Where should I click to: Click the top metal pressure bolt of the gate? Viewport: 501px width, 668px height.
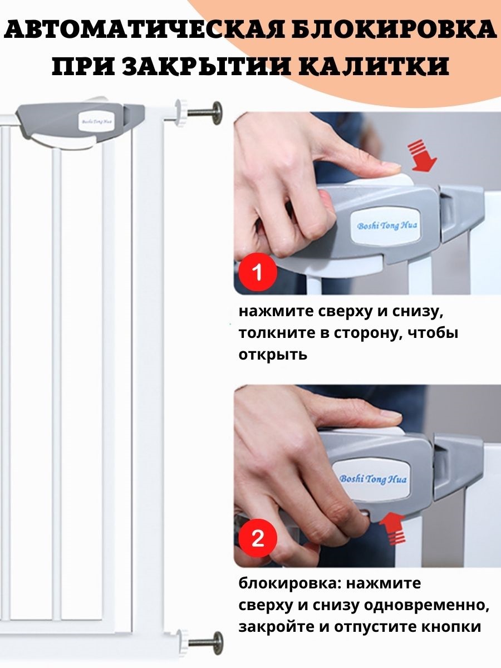(204, 112)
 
